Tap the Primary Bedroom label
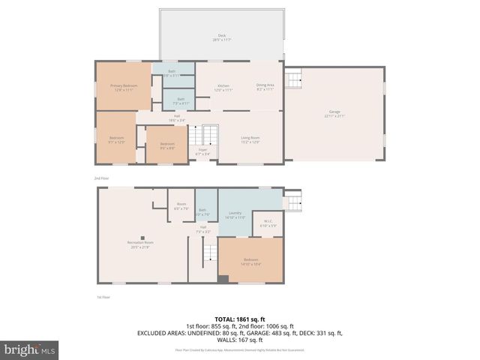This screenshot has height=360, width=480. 124,88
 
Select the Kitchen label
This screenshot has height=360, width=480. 223,88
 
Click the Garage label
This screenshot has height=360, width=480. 334,114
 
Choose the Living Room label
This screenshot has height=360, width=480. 250,139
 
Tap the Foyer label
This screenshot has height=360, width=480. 202,151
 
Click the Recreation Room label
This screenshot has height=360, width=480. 139,244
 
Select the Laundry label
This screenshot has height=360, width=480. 235,215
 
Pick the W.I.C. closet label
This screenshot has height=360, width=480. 268,223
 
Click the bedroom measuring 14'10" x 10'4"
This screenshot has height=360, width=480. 250,263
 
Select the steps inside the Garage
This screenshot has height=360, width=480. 294,78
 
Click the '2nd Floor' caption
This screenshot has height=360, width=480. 101,178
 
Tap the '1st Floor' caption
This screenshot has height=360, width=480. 104,298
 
